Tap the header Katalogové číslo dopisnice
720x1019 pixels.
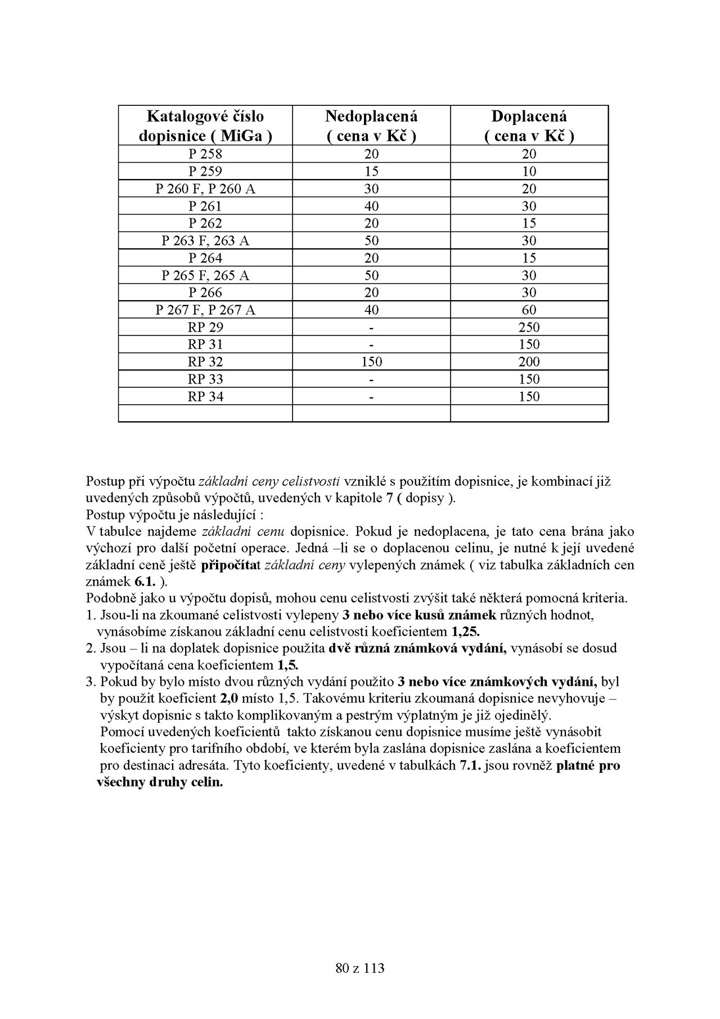pos(205,126)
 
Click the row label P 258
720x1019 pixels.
pos(205,154)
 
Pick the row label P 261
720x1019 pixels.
pos(205,206)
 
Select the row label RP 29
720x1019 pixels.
pos(205,327)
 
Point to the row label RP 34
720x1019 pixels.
pos(205,396)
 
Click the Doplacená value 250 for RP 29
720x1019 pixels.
pos(529,327)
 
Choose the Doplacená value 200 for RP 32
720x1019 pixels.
pos(529,362)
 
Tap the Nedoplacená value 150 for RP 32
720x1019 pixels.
pos(371,362)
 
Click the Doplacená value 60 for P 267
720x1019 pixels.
pos(529,310)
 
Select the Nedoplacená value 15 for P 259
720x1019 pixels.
pos(371,171)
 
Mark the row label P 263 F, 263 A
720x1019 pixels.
pos(205,241)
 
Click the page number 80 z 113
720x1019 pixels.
pos(359,968)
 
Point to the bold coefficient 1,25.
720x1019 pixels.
pos(466,631)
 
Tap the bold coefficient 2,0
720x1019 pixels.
pos(228,699)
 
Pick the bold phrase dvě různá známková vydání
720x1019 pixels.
pos(417,648)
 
